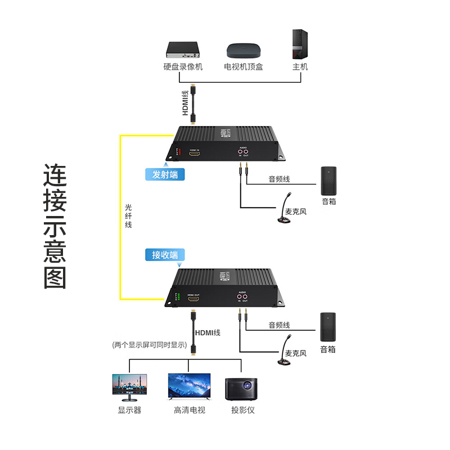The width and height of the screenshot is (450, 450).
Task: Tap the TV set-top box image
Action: (244, 52)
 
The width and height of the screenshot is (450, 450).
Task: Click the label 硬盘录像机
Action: (183, 67)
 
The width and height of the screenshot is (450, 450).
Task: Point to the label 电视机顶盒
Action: (244, 67)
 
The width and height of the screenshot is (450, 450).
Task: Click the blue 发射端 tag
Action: (165, 174)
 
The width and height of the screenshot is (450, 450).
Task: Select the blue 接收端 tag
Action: (165, 254)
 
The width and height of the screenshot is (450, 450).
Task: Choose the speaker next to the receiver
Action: (328, 327)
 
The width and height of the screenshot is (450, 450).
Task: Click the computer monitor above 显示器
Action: (129, 387)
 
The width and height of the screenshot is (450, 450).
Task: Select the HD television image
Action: (189, 387)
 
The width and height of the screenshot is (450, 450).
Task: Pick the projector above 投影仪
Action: (241, 389)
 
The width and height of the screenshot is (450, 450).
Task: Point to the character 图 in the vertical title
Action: (55, 277)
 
